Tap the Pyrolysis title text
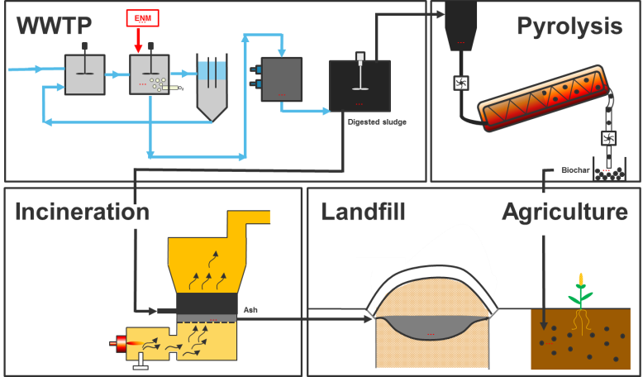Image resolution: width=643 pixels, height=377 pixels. (569, 26)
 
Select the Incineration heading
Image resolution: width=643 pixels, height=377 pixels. (82, 212)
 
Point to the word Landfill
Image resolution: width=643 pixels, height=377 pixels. (363, 212)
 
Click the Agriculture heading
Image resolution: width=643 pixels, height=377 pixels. (564, 212)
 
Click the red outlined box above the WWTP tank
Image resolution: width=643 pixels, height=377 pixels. (142, 18)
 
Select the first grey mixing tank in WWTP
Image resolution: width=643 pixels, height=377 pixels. (84, 74)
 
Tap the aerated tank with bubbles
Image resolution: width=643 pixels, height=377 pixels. (150, 74)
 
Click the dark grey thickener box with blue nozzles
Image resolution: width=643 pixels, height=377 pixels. (280, 79)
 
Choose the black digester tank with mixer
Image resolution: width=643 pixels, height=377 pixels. (360, 85)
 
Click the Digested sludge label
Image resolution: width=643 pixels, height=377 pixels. (377, 122)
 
